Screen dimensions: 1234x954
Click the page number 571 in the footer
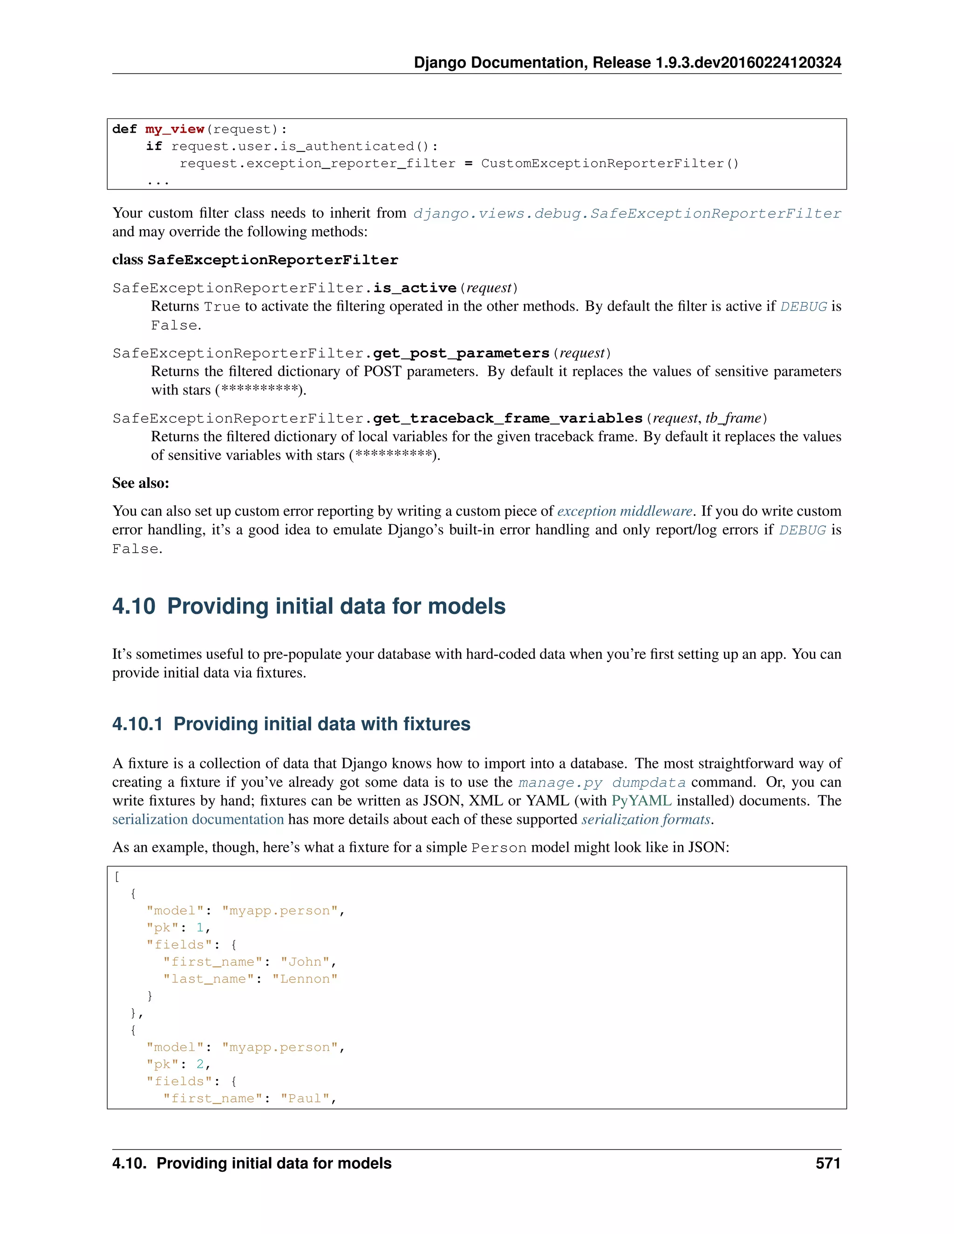[x=827, y=1163]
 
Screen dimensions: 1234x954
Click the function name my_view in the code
[x=174, y=129]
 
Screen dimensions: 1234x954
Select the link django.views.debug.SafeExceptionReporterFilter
[x=627, y=214]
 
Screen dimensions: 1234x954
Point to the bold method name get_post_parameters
[x=461, y=353]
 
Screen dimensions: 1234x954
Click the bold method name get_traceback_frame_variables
[x=508, y=418]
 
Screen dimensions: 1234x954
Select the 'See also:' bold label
[x=141, y=483]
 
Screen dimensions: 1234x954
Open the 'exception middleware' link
[x=625, y=511]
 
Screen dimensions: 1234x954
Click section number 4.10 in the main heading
[x=133, y=606]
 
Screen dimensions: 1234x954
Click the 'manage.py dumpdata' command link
[x=602, y=783]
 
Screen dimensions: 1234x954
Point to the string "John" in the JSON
[x=305, y=962]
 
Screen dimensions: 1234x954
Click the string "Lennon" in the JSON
[x=305, y=979]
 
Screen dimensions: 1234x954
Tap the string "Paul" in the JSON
[x=305, y=1098]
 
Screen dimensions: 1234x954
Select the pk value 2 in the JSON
[x=200, y=1064]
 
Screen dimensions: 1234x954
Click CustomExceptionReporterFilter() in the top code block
[x=609, y=163]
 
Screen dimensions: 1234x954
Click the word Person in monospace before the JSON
[x=499, y=848]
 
